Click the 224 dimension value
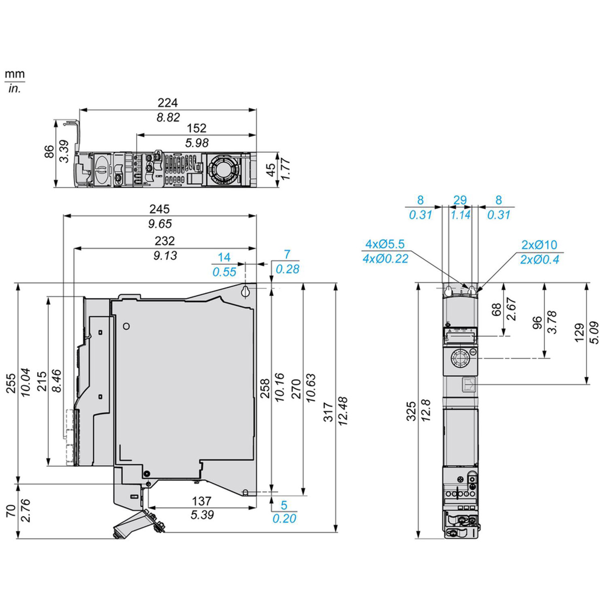point(167,103)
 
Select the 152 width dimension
point(196,128)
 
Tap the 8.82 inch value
point(167,117)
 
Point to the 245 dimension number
point(160,209)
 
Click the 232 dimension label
point(164,241)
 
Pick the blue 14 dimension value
point(224,257)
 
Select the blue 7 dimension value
point(287,254)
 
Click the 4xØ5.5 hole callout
point(385,245)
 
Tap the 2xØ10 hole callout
point(539,245)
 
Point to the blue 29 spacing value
point(460,200)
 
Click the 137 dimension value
point(202,501)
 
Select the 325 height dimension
point(412,411)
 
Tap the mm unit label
point(15,74)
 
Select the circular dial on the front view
point(460,360)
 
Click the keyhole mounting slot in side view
point(245,291)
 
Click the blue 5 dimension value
point(284,505)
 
